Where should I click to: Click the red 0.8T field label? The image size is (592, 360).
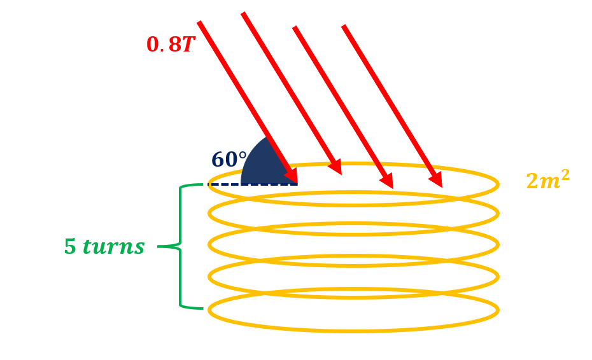tap(170, 45)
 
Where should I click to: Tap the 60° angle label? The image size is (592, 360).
tap(229, 160)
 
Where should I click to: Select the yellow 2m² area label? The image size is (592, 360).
tap(547, 181)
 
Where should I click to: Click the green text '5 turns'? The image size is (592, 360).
tap(104, 247)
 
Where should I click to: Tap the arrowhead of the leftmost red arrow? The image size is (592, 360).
tap(292, 175)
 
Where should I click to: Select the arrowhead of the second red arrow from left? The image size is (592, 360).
tap(335, 167)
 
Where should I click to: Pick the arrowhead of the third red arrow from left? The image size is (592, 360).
tap(387, 181)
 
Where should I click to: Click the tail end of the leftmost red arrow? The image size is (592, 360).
tap(200, 24)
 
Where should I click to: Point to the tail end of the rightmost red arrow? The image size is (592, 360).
tap(344, 27)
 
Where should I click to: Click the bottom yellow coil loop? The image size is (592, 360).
tap(353, 330)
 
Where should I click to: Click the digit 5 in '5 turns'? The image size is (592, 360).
tap(70, 247)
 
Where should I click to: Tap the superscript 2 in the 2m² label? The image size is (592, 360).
tap(565, 174)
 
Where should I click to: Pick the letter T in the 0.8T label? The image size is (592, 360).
tap(188, 45)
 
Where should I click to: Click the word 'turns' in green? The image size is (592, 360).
tap(113, 247)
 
